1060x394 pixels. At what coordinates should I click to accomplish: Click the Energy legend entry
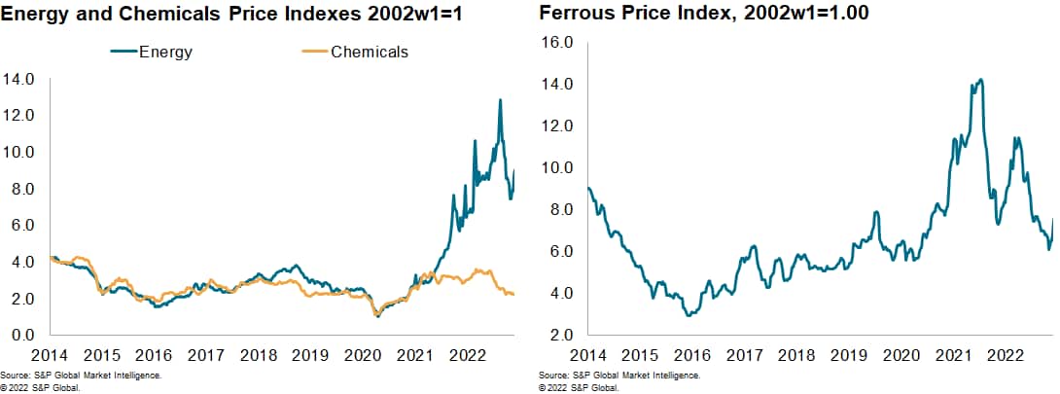(x=155, y=53)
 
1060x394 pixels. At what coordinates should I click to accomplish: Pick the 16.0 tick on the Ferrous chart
(x=558, y=43)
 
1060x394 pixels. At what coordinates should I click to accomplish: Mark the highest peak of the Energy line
(x=500, y=100)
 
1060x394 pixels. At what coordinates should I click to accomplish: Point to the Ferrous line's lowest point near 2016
(x=689, y=315)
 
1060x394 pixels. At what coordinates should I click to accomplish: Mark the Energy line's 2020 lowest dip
(x=377, y=316)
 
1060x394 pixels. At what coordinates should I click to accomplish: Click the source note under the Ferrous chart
(x=618, y=375)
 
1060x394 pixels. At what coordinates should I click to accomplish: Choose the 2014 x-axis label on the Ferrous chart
(x=589, y=355)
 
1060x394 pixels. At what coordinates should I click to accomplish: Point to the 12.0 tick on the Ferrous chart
(x=558, y=126)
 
